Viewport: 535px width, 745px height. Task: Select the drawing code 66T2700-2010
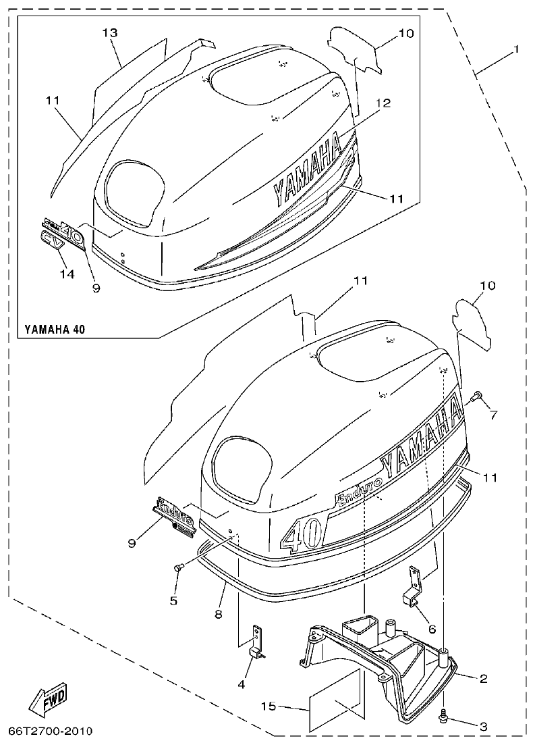[x=51, y=731]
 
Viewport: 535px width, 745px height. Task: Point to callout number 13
[x=111, y=32]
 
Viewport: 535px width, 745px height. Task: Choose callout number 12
[x=383, y=103]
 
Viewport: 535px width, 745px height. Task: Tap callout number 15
[x=269, y=707]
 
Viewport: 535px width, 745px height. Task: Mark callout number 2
[x=484, y=677]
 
